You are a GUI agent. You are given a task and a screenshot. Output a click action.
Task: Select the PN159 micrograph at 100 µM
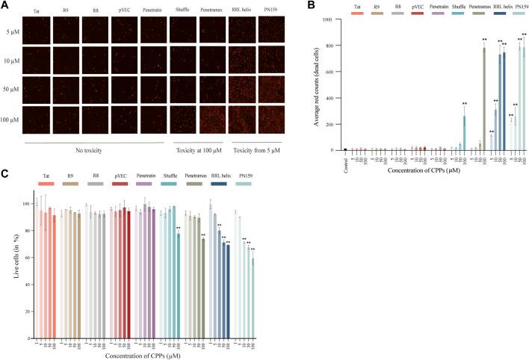[270, 119]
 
